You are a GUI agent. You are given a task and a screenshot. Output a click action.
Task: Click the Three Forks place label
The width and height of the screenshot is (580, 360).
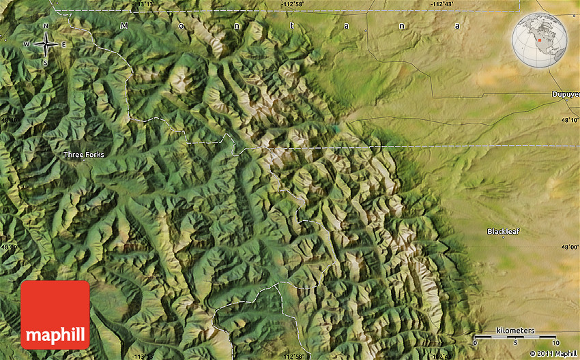coord(84,155)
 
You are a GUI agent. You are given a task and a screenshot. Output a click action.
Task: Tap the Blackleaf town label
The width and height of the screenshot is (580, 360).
coord(503,231)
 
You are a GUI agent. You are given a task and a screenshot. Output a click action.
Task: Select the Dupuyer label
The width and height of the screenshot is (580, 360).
coord(566,94)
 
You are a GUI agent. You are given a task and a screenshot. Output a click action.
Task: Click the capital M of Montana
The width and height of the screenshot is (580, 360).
coord(124,26)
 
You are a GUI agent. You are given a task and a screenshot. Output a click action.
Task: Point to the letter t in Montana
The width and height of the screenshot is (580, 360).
coord(292,26)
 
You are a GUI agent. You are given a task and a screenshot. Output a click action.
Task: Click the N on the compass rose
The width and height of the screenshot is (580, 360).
coord(46,27)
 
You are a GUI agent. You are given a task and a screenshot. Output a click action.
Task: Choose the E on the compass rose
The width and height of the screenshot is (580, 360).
coord(63,45)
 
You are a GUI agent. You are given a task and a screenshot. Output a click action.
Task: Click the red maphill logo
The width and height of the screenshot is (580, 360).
coord(55,315)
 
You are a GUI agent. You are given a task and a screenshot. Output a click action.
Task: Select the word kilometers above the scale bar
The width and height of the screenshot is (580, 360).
coord(515,331)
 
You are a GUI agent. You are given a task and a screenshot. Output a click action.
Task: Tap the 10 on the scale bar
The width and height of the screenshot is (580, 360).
coord(557,342)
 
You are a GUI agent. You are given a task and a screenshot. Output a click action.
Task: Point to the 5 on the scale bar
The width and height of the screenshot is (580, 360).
coord(516,342)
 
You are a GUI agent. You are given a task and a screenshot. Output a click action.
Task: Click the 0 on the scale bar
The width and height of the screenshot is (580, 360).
coord(476,342)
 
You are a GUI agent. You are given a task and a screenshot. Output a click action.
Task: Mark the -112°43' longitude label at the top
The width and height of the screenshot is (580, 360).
coord(441,4)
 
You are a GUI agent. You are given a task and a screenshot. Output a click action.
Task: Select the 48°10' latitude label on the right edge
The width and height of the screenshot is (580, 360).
coord(570,120)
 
